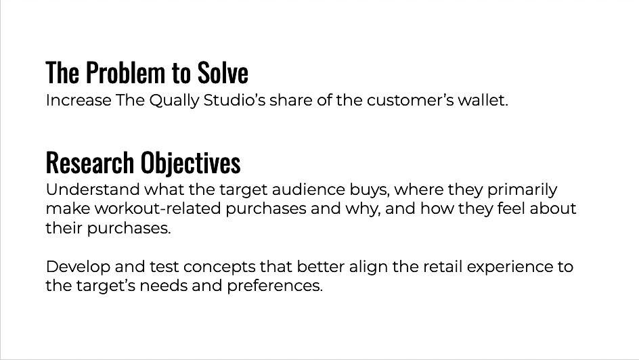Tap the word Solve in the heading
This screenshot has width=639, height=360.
(x=223, y=72)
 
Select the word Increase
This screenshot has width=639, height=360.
(x=79, y=100)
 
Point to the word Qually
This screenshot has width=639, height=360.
(x=174, y=101)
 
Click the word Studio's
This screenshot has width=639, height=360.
(x=234, y=100)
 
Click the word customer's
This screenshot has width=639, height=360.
(x=410, y=100)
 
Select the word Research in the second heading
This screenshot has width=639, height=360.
(x=90, y=162)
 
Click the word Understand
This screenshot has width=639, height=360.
(x=93, y=189)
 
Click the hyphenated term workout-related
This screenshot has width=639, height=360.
(x=160, y=208)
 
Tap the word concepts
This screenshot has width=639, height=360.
(x=219, y=267)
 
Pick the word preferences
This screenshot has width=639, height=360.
(x=275, y=286)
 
